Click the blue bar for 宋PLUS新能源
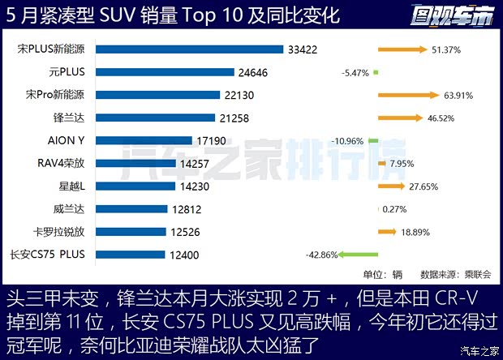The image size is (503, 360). [x=190, y=49]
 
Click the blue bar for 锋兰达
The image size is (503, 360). [x=156, y=118]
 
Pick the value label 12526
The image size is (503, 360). [x=191, y=232]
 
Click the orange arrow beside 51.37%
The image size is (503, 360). [x=402, y=49]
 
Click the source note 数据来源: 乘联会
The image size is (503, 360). [x=456, y=274]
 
